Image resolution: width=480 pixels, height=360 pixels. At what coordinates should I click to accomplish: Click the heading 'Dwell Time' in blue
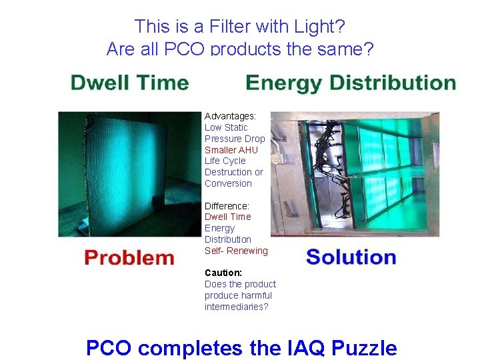[x=129, y=83]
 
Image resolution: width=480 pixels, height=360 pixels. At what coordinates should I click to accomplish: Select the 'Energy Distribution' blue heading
[x=351, y=83]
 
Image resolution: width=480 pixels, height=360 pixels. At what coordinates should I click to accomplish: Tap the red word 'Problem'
[x=129, y=258]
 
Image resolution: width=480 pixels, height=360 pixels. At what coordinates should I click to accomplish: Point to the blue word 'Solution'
[x=351, y=257]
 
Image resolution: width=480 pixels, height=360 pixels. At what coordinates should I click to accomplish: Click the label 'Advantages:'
[x=230, y=116]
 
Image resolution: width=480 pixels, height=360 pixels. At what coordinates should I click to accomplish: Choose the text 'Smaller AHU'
[x=231, y=150]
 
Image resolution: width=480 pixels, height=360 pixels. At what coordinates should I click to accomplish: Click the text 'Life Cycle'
[x=225, y=161]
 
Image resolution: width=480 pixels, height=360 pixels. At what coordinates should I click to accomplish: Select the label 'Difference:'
[x=227, y=206]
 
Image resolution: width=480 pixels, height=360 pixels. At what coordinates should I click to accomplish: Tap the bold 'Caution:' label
[x=223, y=273]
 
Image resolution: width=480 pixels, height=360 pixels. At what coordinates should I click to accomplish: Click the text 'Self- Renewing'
[x=236, y=251]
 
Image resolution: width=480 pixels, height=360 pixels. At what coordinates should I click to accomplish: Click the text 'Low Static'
[x=226, y=127]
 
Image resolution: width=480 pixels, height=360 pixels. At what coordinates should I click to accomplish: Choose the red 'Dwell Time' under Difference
[x=228, y=217]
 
